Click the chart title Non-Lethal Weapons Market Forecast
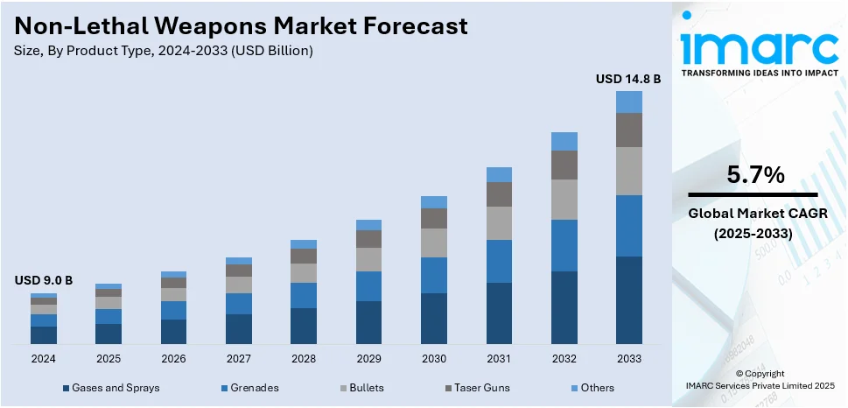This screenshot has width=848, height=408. pyautogui.click(x=241, y=25)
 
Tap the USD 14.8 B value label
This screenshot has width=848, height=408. pyautogui.click(x=628, y=79)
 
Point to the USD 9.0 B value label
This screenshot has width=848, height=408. pyautogui.click(x=44, y=280)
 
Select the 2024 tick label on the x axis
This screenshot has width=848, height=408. pyautogui.click(x=44, y=359)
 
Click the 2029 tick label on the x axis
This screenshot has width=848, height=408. pyautogui.click(x=368, y=359)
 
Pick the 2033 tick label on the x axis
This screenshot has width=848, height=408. pyautogui.click(x=628, y=359)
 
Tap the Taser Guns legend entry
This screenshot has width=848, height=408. pyautogui.click(x=480, y=387)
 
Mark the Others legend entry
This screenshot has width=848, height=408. pyautogui.click(x=596, y=387)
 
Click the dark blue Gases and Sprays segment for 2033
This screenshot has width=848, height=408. pyautogui.click(x=628, y=299)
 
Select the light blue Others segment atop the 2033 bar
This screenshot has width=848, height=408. pyautogui.click(x=628, y=102)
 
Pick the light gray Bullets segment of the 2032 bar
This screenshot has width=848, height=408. pyautogui.click(x=564, y=200)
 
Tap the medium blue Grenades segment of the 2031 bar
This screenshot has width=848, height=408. pyautogui.click(x=499, y=261)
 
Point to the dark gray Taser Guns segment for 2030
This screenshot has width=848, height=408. pyautogui.click(x=434, y=218)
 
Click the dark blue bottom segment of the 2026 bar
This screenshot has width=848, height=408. pyautogui.click(x=173, y=331)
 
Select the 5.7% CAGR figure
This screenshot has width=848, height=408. pyautogui.click(x=755, y=175)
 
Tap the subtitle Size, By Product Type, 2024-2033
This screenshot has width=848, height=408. pyautogui.click(x=164, y=51)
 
